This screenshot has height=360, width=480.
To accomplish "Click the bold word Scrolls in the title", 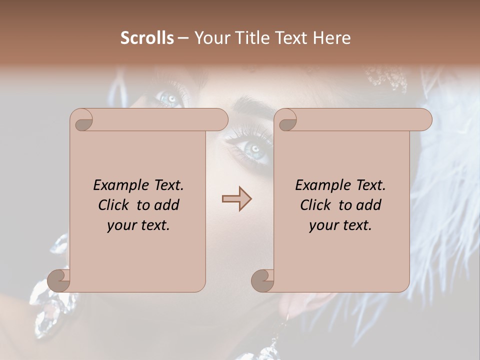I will point(147,38).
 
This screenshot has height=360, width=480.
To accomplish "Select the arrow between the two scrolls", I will point(236,199).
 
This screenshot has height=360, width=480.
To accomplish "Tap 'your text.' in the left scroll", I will point(138,225).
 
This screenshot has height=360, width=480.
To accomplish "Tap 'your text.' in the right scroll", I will point(340,225).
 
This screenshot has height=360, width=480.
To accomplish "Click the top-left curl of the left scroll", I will point(82,120).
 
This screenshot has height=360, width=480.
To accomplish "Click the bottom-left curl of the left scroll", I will point(59,280).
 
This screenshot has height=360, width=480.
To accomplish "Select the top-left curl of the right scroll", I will point(286,120).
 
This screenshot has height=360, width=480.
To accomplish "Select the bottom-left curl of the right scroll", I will point(262,280).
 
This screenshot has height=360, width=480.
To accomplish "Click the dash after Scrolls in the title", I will point(183,38).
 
